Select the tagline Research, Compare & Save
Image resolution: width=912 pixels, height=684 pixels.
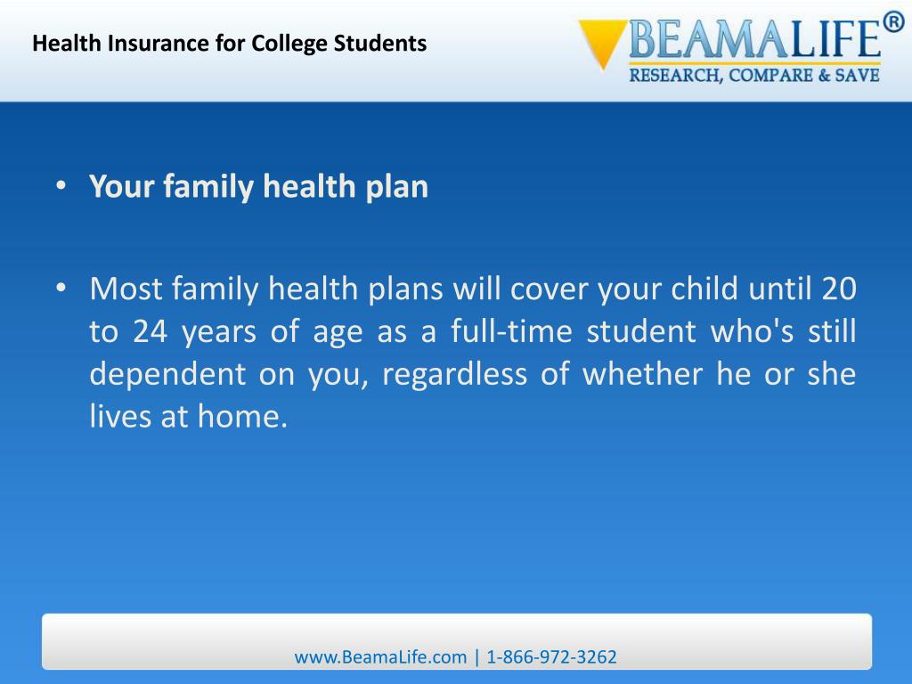point(754,76)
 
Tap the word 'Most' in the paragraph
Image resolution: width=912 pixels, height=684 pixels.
point(126,289)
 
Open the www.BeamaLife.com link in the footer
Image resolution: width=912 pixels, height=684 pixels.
point(380,657)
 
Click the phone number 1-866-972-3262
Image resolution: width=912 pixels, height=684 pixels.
point(552,657)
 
